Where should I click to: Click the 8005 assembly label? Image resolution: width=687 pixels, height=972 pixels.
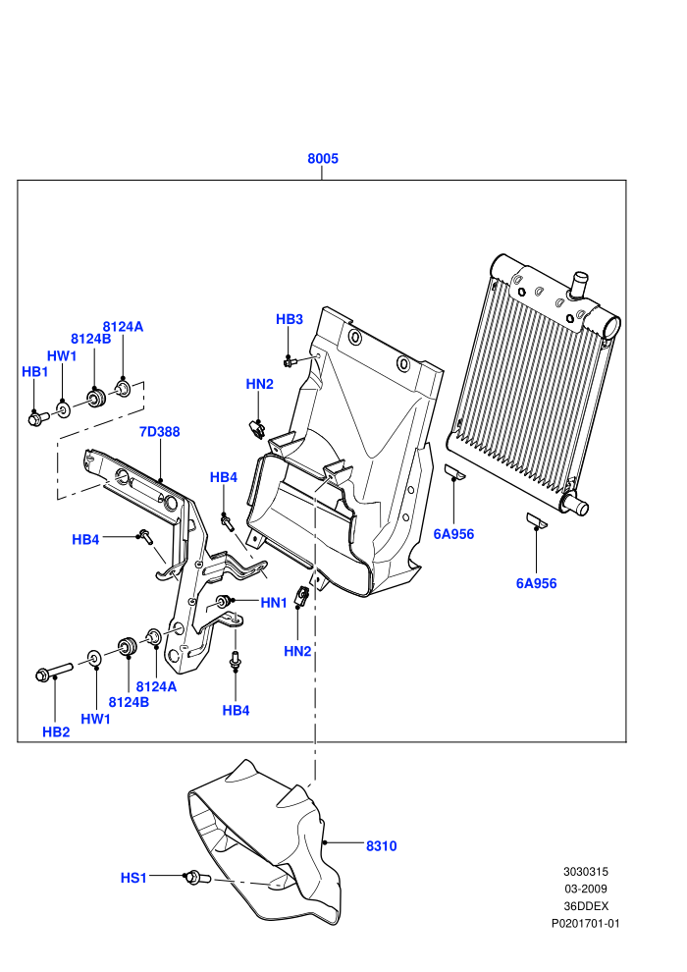[x=323, y=159]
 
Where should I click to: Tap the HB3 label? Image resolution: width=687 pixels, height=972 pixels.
[x=290, y=319]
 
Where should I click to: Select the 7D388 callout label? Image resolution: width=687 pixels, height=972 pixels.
[x=160, y=431]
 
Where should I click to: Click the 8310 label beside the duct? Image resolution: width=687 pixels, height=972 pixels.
[x=381, y=846]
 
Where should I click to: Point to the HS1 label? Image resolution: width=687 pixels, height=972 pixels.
[x=133, y=878]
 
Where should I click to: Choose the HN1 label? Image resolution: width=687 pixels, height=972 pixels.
[x=274, y=603]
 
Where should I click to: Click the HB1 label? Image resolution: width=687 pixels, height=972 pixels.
[x=34, y=371]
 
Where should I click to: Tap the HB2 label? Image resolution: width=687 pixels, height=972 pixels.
[x=56, y=732]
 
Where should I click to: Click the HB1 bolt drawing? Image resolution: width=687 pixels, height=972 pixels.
[x=38, y=419]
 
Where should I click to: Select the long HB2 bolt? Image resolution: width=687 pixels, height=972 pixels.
[x=54, y=672]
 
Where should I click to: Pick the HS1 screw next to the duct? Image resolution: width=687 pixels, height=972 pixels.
[x=197, y=877]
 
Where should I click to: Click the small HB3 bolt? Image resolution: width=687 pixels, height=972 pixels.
[x=290, y=360]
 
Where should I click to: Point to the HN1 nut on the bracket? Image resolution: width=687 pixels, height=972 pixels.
[x=223, y=601]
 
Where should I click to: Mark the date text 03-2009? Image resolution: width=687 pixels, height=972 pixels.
[x=585, y=889]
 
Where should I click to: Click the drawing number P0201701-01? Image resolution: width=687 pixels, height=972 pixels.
[x=585, y=923]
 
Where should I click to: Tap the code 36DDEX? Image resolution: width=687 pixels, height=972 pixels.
[x=585, y=905]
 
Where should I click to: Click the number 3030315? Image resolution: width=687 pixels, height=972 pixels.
[x=585, y=871]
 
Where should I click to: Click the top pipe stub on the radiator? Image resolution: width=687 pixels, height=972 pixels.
[x=579, y=284]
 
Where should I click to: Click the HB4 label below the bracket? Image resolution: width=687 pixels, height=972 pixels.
[x=236, y=711]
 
